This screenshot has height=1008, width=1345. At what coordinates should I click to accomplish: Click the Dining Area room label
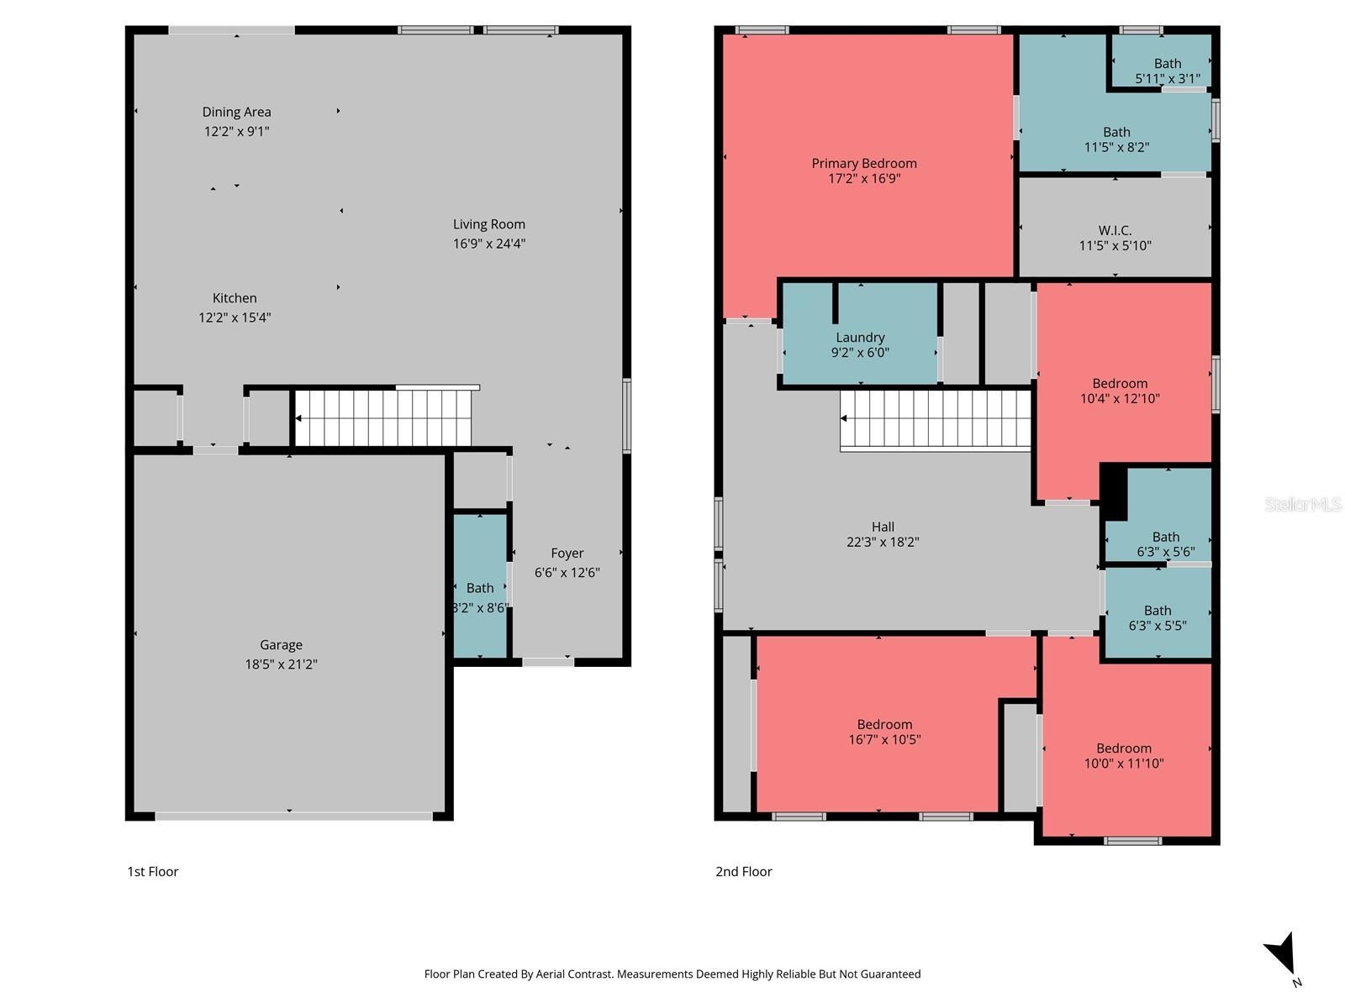click(x=236, y=112)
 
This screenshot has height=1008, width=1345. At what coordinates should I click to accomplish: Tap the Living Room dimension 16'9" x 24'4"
click(x=489, y=244)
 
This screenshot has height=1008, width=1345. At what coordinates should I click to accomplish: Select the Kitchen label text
click(x=235, y=298)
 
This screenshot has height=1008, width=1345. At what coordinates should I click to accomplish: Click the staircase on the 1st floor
click(x=382, y=418)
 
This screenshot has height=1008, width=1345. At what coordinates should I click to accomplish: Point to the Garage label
click(x=281, y=645)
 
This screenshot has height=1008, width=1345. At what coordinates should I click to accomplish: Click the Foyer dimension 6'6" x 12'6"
click(x=567, y=573)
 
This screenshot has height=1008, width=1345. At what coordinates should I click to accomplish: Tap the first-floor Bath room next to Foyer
click(x=480, y=588)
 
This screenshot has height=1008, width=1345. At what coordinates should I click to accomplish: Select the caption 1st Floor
click(x=153, y=872)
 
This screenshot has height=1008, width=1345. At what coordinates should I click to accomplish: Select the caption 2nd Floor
click(x=744, y=872)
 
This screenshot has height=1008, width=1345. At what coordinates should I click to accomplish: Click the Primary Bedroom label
click(x=864, y=164)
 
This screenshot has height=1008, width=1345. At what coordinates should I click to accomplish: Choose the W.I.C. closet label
click(x=1115, y=230)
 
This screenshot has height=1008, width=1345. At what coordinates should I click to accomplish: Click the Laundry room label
click(x=860, y=338)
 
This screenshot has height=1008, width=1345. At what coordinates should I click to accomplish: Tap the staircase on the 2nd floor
click(x=936, y=419)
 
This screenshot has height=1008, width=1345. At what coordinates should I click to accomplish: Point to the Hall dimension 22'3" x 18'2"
click(x=883, y=543)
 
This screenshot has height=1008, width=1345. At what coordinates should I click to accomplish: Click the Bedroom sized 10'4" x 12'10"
click(x=1120, y=391)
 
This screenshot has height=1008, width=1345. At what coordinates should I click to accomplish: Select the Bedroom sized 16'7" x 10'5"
click(x=884, y=732)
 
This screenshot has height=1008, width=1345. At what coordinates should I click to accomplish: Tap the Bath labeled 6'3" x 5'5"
click(x=1158, y=617)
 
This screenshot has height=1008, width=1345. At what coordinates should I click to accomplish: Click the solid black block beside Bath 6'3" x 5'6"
click(x=1114, y=491)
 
